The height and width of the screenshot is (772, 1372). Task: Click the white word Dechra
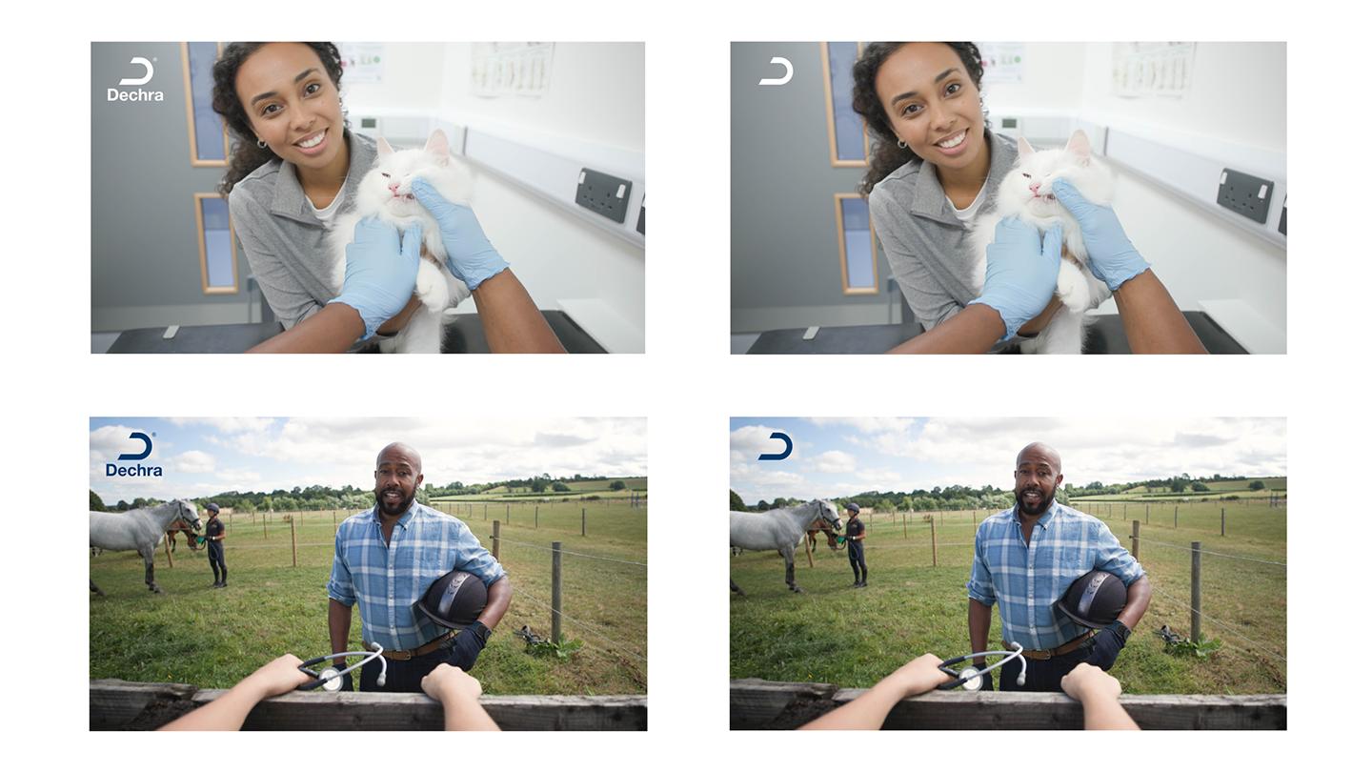[x=135, y=95]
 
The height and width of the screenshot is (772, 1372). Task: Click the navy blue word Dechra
[x=134, y=471]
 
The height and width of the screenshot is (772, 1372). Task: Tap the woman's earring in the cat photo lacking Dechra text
[x=902, y=144]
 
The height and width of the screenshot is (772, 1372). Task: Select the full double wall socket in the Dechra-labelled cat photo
[x=603, y=195]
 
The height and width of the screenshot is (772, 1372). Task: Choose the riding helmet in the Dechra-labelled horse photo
[x=453, y=599]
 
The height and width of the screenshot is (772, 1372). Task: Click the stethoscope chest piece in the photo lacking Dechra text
[x=972, y=679]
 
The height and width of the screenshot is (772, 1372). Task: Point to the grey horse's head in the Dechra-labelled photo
[x=188, y=514]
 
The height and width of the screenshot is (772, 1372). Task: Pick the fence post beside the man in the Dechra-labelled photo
[x=556, y=592]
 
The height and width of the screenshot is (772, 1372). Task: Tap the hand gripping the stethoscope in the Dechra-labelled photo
[x=283, y=674]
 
